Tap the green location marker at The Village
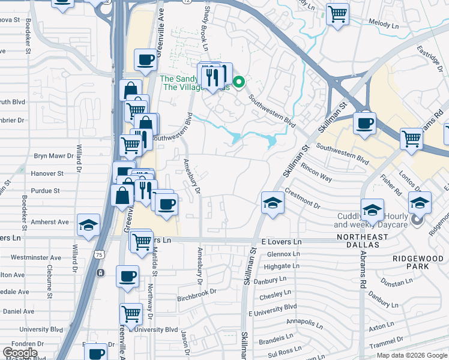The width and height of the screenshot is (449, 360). [239, 82]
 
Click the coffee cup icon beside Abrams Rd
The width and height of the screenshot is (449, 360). [364, 124]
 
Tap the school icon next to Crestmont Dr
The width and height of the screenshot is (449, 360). [273, 202]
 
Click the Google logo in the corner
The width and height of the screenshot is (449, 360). [20, 353]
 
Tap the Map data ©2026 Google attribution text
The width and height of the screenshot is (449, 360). [412, 355]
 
